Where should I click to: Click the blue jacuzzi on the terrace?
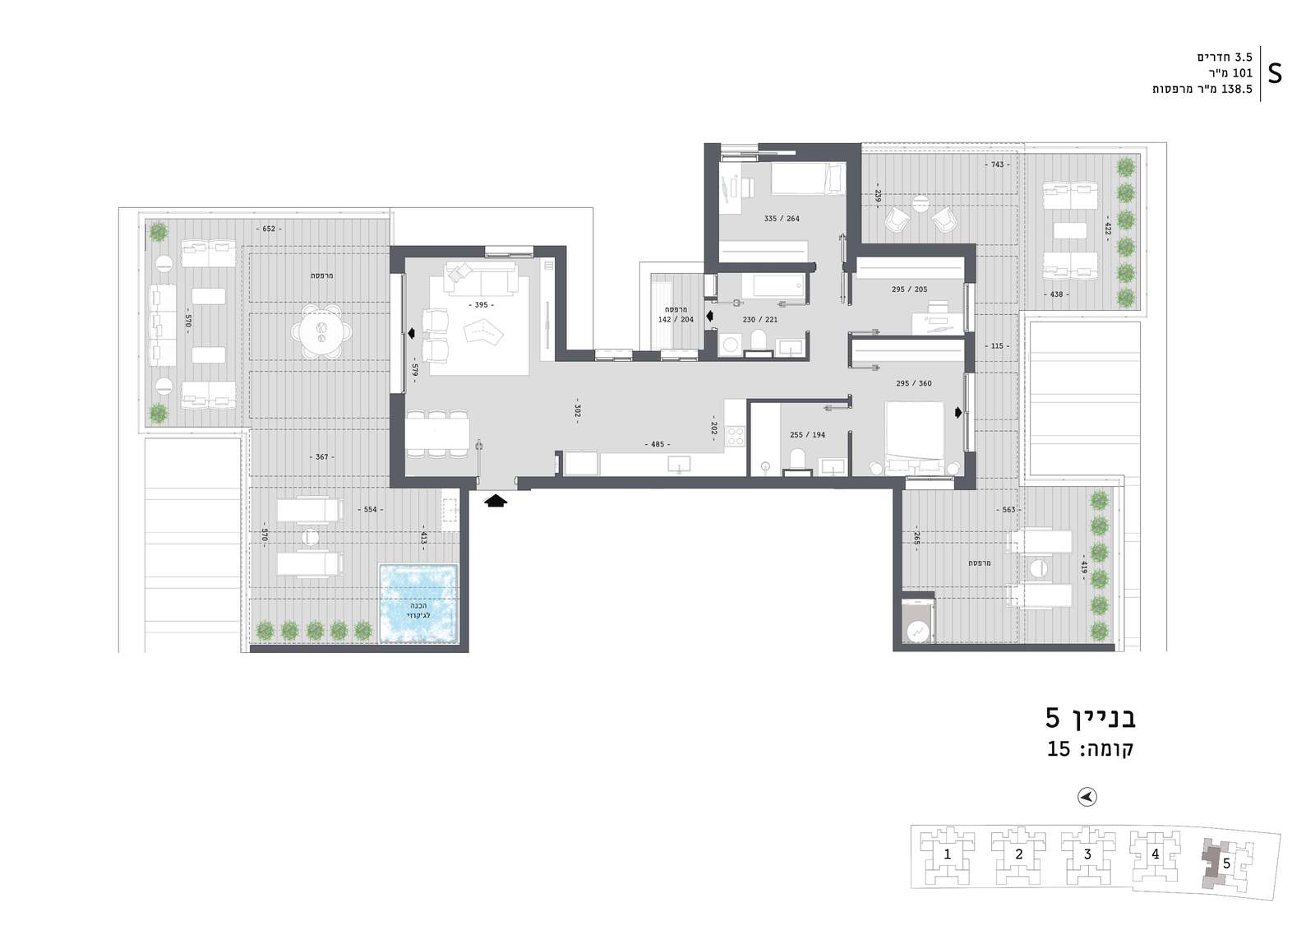[418, 604]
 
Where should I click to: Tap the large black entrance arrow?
[496, 501]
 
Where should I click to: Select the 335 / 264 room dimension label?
[782, 219]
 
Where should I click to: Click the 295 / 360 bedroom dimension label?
[913, 383]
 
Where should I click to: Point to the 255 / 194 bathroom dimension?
[807, 435]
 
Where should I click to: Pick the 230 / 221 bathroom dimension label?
[759, 320]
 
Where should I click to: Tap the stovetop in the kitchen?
[735, 436]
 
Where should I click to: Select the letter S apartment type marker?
[1275, 74]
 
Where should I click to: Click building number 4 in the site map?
[1155, 854]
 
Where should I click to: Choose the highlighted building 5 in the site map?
[1226, 864]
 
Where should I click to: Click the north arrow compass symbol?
[1087, 797]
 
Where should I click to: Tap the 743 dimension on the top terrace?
[997, 164]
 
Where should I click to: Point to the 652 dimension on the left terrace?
[269, 229]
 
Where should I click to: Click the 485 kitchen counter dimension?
[657, 444]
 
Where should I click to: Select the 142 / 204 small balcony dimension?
[676, 320]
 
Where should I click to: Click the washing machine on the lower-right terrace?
[917, 623]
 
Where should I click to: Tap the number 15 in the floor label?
[1059, 749]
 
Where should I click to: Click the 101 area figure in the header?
[1243, 73]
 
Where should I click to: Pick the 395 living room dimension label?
[481, 305]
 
